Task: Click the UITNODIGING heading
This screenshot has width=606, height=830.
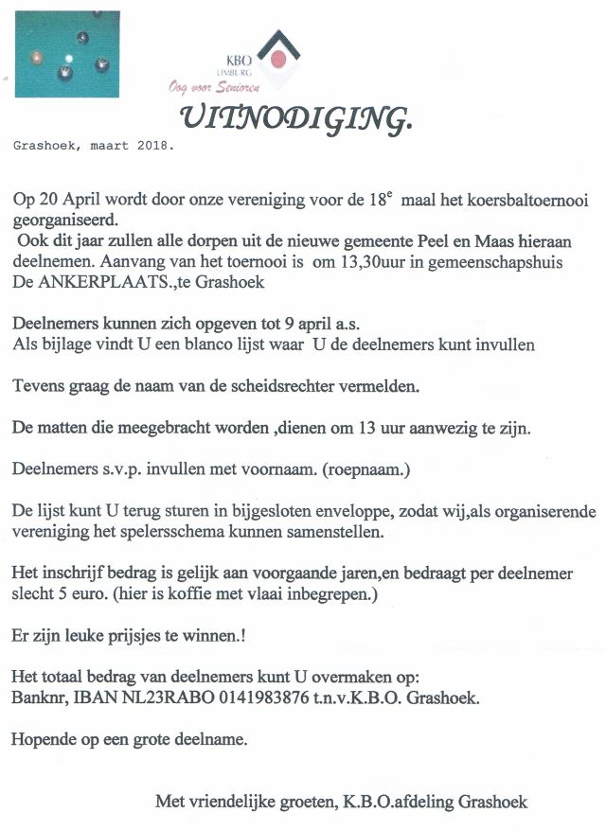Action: click(x=296, y=116)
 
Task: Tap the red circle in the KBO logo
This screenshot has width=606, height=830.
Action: click(x=278, y=59)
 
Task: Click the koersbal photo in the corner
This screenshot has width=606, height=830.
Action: click(x=67, y=54)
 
